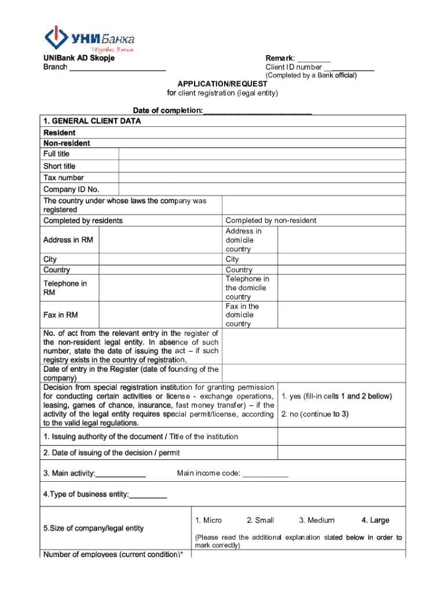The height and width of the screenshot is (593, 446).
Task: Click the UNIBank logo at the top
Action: pyautogui.click(x=89, y=39)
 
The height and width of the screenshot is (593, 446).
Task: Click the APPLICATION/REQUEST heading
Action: pyautogui.click(x=222, y=84)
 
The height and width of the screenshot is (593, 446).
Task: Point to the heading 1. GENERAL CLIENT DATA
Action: pyautogui.click(x=92, y=122)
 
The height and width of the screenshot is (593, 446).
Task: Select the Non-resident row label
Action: pyautogui.click(x=67, y=143)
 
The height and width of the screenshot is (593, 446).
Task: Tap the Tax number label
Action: pyautogui.click(x=63, y=178)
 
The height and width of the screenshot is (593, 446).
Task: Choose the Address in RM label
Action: pyautogui.click(x=68, y=240)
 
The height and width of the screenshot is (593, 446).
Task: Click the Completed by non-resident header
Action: pyautogui.click(x=270, y=221)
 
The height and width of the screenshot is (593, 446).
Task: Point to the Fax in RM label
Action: pyautogui.click(x=60, y=315)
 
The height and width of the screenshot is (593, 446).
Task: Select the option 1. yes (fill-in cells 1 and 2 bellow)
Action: pyautogui.click(x=337, y=397)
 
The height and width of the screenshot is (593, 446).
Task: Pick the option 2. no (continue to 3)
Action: pyautogui.click(x=315, y=415)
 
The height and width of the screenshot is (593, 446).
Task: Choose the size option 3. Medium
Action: pyautogui.click(x=317, y=520)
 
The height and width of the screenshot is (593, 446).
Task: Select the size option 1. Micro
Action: pyautogui.click(x=209, y=520)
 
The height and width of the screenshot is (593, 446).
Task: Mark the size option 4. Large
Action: pyautogui.click(x=375, y=520)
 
